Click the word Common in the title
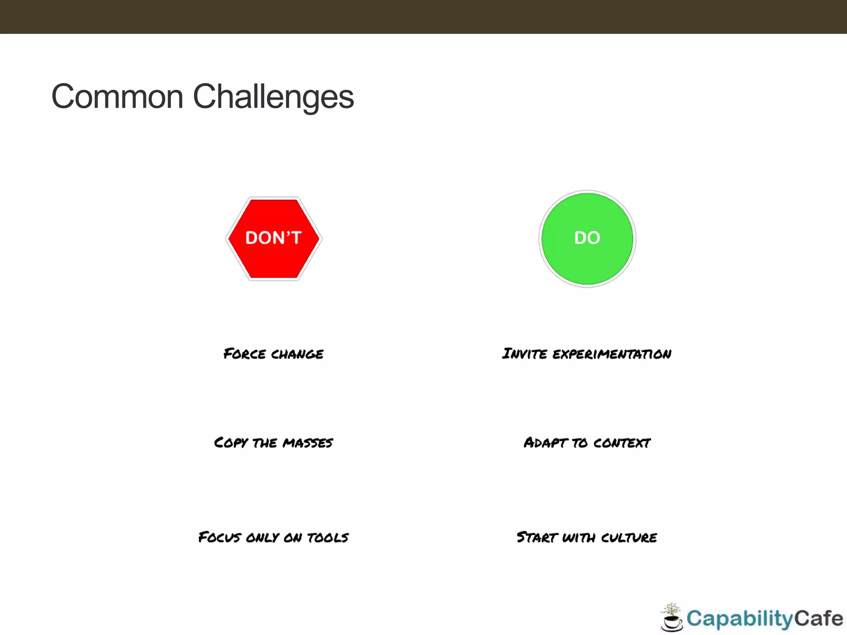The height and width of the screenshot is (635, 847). point(117,96)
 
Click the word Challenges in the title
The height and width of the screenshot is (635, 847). point(273,96)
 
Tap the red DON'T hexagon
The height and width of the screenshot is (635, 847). point(274,239)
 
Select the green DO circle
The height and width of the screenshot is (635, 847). point(587,239)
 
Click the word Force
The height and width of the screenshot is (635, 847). point(244,354)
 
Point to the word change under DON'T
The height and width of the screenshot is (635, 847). point(297,354)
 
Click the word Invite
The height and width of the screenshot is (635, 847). point(524,354)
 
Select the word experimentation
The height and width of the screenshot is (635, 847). point(612,354)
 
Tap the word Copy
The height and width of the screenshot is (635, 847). point(231,443)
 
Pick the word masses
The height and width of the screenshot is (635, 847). point(308,443)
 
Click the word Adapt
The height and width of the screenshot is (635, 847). point(545,443)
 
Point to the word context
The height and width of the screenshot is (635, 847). point(622,443)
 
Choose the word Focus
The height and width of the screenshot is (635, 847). point(220,537)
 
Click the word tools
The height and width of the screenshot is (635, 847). point(328,537)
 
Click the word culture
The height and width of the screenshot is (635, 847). point(629,537)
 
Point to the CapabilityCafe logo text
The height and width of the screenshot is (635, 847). point(764,618)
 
